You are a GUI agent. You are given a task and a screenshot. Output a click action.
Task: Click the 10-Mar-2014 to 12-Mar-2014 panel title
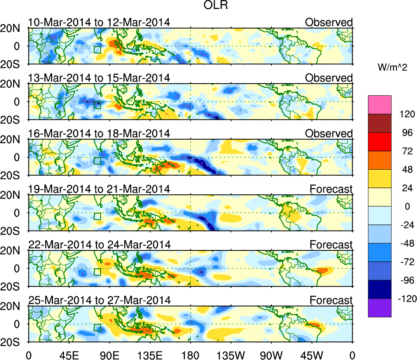point(99,22)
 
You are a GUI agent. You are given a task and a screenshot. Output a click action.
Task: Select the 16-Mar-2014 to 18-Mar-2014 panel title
point(99,134)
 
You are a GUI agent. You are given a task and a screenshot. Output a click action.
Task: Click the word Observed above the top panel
point(329,22)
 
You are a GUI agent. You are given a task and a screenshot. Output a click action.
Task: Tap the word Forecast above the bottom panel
point(331,300)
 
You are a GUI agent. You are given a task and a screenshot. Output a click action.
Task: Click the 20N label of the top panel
point(12,28)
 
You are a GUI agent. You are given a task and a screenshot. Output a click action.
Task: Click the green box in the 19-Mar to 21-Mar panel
point(97,216)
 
